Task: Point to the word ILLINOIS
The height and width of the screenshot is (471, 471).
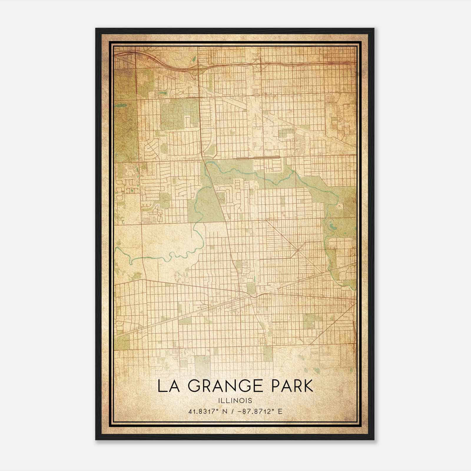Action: [235, 400]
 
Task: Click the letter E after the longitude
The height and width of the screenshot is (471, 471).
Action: [280, 411]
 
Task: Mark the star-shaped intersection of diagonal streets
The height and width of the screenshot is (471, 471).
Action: [298, 251]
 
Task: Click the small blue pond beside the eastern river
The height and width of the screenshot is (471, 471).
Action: [333, 227]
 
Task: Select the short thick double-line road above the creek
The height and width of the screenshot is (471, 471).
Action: [258, 158]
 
